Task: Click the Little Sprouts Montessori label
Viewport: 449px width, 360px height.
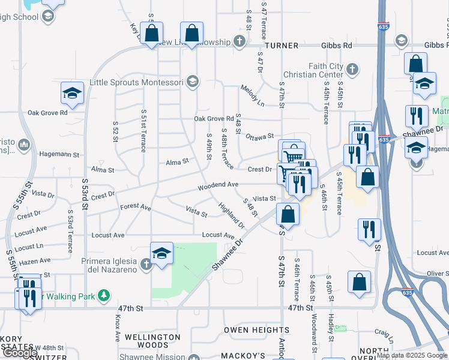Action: tap(137, 82)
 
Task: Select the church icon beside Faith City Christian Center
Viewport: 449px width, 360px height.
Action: tap(352, 69)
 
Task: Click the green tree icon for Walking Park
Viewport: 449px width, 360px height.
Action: tap(104, 295)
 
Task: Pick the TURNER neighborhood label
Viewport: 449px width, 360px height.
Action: tap(281, 45)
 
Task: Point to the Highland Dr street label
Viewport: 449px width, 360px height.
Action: tap(232, 215)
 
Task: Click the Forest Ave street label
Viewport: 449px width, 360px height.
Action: tap(135, 206)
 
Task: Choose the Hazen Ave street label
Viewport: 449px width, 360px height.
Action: tap(35, 261)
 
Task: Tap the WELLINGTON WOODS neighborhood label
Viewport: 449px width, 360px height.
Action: tap(152, 341)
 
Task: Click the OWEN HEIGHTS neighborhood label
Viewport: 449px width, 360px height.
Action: tap(256, 330)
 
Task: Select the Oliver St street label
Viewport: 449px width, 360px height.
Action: tap(437, 274)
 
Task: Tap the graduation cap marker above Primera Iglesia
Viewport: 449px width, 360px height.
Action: tap(161, 254)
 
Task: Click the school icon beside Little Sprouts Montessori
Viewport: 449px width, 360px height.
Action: tap(192, 82)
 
